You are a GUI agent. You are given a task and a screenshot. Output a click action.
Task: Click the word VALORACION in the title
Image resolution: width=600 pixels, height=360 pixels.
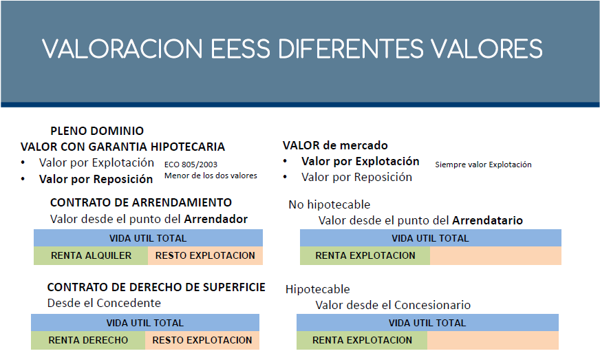tap(122, 49)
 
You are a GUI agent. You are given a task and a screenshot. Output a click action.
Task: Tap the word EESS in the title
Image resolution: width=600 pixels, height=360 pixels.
tap(240, 49)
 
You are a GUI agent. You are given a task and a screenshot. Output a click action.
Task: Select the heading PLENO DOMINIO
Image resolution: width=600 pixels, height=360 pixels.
tap(97, 131)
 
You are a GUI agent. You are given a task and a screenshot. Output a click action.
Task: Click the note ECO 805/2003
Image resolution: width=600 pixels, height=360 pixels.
tap(191, 165)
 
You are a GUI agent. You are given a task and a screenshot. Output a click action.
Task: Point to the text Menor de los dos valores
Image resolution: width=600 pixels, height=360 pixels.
tap(211, 176)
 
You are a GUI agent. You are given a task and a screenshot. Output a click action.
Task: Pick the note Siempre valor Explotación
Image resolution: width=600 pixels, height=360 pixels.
tap(483, 165)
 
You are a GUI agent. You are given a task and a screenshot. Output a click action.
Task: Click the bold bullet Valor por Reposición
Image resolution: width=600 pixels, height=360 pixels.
tap(96, 179)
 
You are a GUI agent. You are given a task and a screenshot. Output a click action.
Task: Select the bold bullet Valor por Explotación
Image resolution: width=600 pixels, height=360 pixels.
tap(361, 161)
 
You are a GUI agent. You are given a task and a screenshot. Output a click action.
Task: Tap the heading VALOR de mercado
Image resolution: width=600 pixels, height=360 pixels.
tap(335, 145)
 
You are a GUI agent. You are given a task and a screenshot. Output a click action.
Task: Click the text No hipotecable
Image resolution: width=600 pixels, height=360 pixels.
tap(330, 204)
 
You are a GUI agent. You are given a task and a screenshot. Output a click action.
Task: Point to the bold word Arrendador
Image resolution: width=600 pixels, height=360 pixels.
tap(216, 219)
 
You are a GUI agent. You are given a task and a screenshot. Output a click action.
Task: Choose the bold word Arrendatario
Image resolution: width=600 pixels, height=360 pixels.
tap(487, 220)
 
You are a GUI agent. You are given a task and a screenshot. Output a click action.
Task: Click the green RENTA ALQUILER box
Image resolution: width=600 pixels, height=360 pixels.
tap(91, 255)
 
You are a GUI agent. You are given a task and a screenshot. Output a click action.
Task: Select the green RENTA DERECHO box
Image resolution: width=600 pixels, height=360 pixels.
tap(88, 340)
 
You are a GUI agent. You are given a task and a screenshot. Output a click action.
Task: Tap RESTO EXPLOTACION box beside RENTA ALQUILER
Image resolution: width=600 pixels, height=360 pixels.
tap(206, 255)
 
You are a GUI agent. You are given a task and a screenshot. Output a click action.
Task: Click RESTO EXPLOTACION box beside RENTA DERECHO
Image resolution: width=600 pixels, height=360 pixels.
tap(202, 340)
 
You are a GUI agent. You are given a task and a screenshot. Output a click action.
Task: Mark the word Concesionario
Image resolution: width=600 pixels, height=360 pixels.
tap(432, 305)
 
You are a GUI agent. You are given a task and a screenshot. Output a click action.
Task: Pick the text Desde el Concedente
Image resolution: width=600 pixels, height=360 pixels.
tap(104, 303)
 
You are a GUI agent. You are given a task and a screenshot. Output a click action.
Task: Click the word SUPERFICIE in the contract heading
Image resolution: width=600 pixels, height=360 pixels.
tap(234, 287)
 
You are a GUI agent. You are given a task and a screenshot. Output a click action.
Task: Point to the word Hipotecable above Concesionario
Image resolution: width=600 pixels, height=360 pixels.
tap(318, 289)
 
